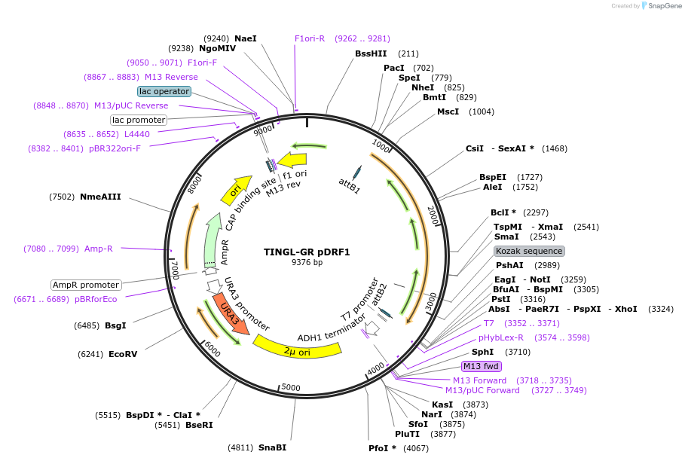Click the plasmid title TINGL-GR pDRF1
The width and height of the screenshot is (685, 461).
pos(307,252)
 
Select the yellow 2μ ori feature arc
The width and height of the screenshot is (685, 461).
pos(298,349)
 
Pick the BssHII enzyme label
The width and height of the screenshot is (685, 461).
pos(371,53)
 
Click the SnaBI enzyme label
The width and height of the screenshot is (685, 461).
pos(272,447)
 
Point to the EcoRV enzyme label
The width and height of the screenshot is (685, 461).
pos(123,354)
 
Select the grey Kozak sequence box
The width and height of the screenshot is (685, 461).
pos(529,251)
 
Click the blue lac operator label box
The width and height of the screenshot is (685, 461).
pos(164,91)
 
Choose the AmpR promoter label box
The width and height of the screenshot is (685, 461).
pos(86,285)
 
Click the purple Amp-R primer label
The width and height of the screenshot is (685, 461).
pos(99,249)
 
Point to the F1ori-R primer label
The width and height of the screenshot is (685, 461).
pos(310,38)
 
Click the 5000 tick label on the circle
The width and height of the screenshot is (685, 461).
pos(291,387)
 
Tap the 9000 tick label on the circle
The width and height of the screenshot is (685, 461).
pos(262,130)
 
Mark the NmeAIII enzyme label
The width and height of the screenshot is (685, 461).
pos(99,197)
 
